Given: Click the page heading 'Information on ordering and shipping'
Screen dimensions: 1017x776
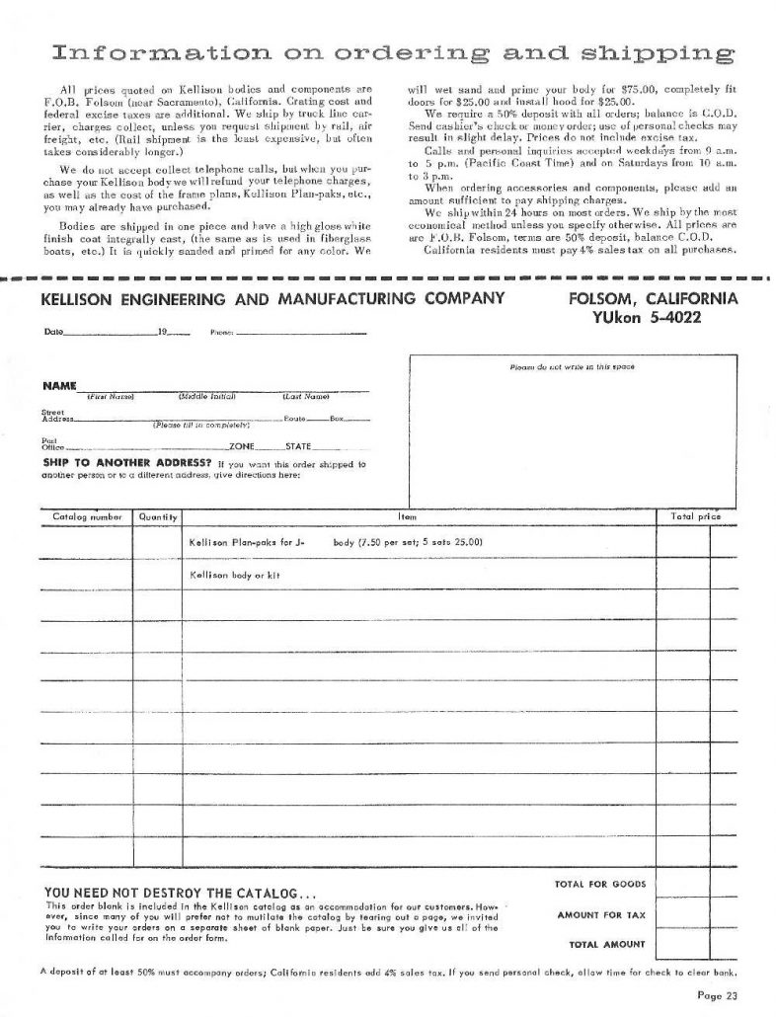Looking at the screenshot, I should pos(392,51).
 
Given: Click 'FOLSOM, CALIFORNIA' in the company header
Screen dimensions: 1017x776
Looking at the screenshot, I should pos(653,298).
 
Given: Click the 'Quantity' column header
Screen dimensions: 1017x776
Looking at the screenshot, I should pos(158,516).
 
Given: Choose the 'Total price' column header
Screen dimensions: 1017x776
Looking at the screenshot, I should pos(695,516).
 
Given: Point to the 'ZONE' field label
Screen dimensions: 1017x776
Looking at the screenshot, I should pos(242,446).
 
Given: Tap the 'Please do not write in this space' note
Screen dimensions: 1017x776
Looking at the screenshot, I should pos(572,366).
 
